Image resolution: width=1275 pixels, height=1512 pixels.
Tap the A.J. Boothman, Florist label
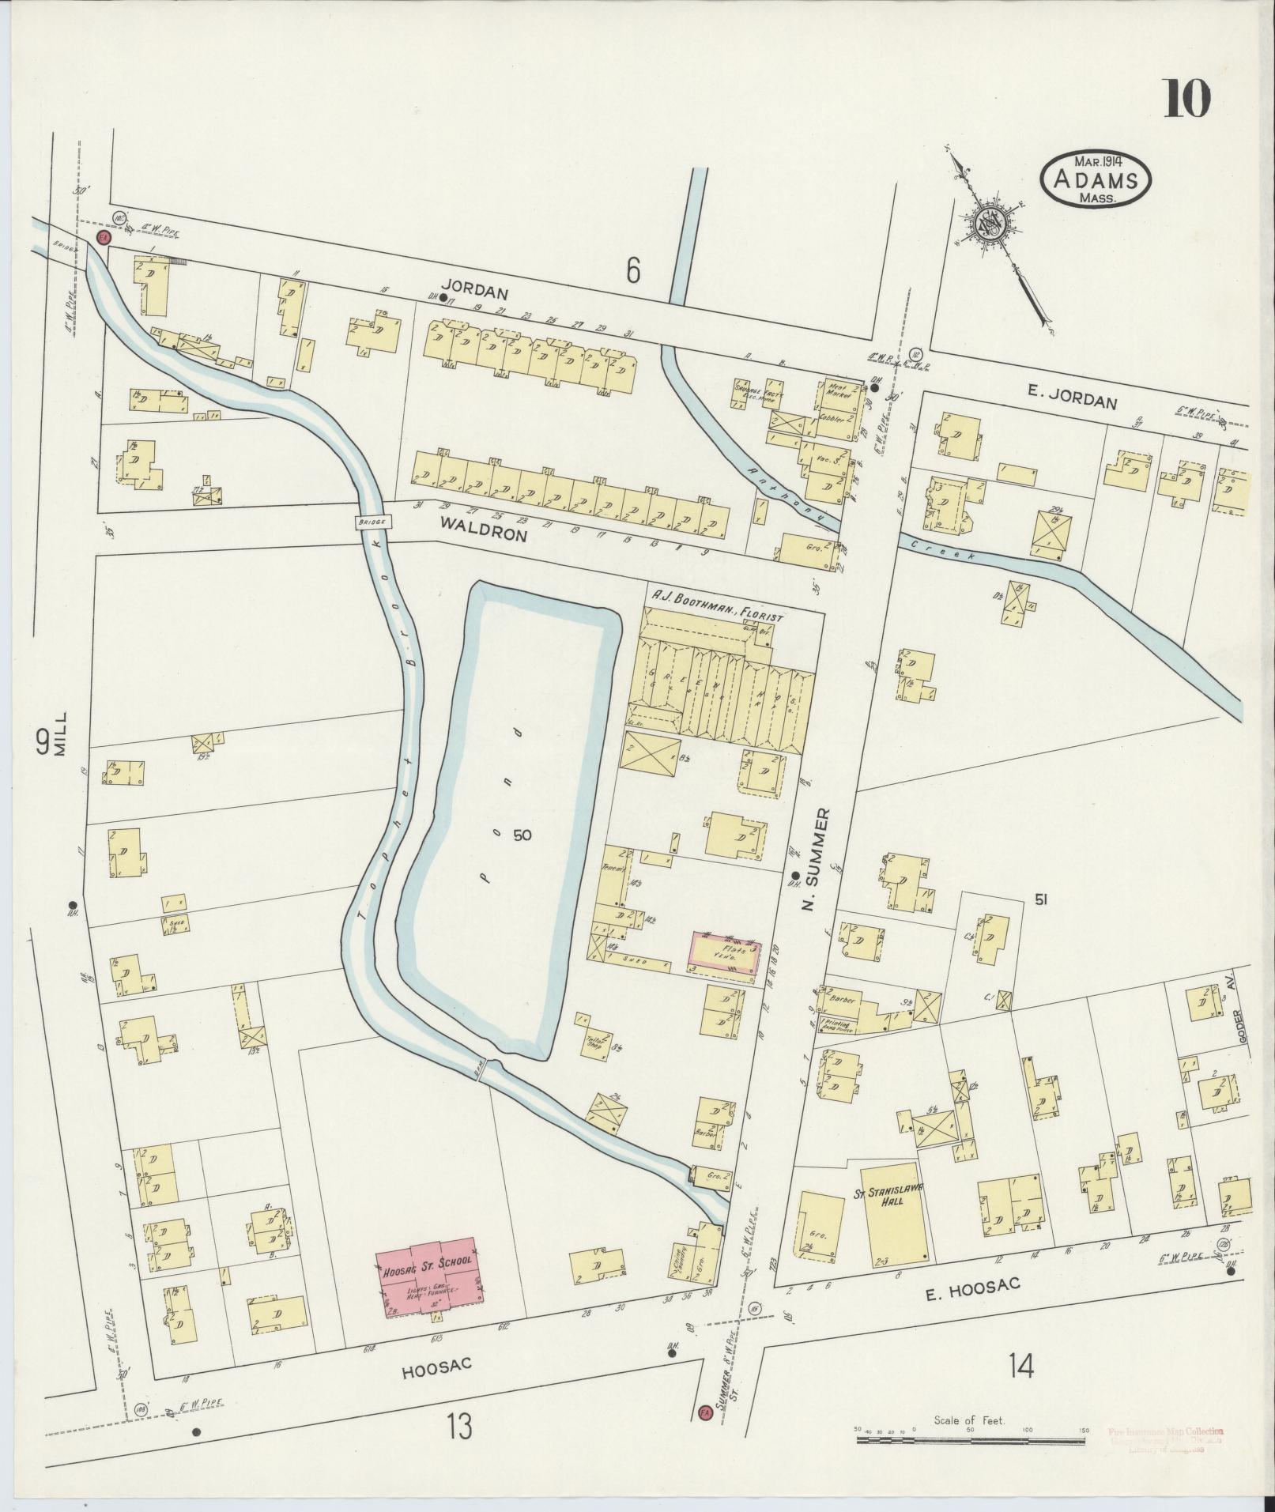pyautogui.click(x=716, y=616)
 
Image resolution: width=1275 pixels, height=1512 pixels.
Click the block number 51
pyautogui.click(x=1040, y=898)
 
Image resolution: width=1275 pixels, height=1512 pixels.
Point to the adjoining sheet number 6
pyautogui.click(x=632, y=271)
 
